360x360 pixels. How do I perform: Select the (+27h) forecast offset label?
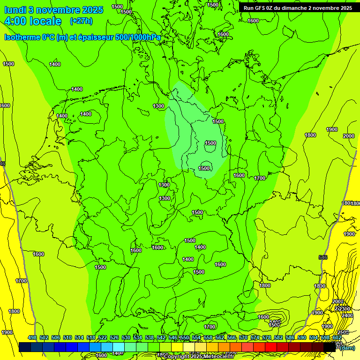coord(81,21)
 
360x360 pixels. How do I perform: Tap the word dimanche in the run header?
coord(292,8)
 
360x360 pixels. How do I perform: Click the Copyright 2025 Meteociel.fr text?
coord(199,357)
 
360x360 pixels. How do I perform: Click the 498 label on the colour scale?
coord(32,337)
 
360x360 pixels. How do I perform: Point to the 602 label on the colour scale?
coord(337,337)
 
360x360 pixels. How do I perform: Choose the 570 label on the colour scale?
coord(243,337)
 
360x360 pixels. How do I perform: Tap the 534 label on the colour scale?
coord(138,337)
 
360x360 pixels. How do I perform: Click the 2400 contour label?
coord(347,315)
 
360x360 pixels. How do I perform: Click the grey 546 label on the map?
coord(322,257)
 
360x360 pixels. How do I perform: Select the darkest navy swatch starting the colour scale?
coord(25,347)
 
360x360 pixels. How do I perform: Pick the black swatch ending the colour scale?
coord(330,347)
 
